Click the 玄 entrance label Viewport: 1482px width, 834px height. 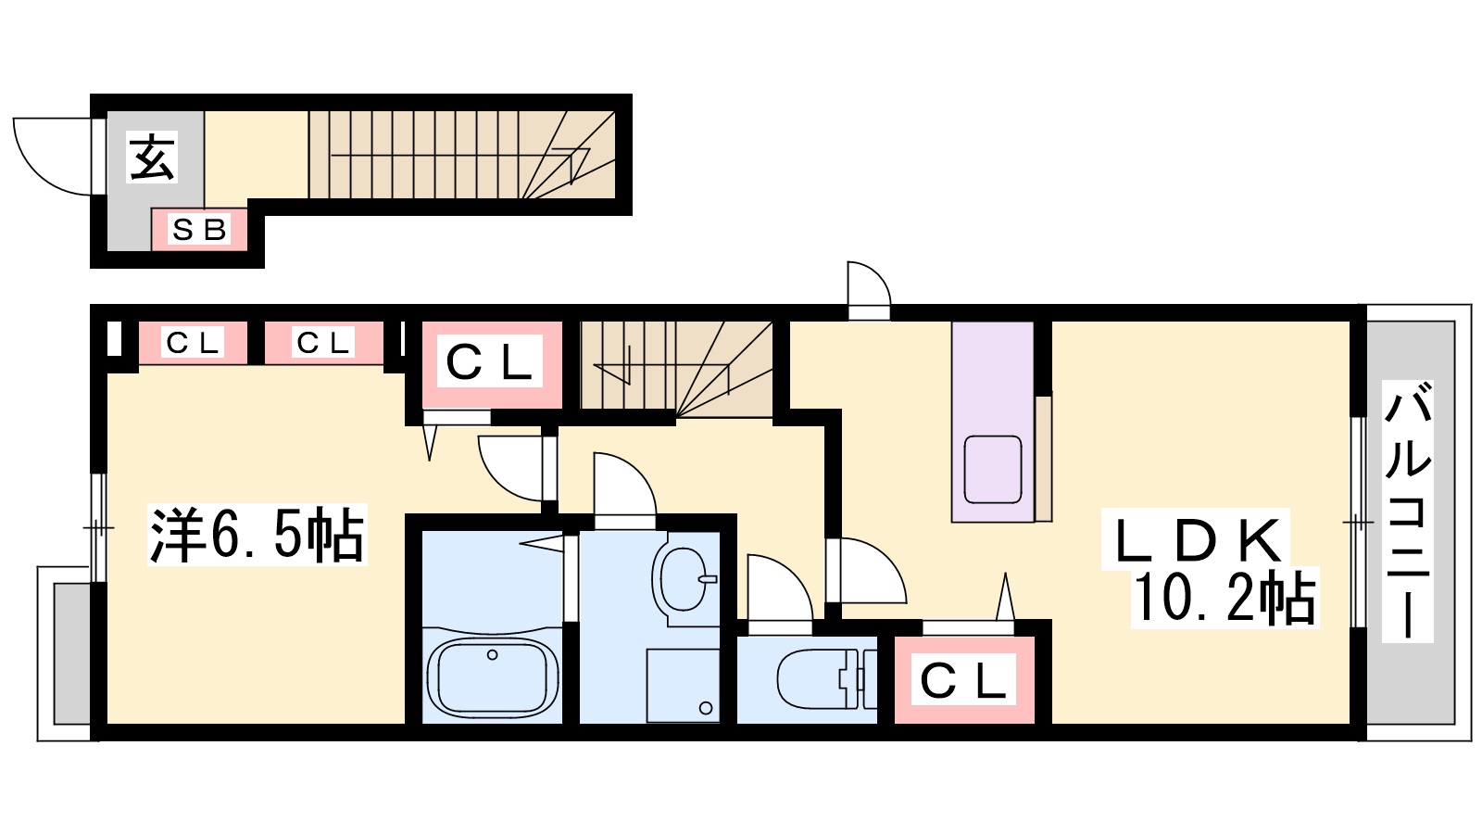point(153,157)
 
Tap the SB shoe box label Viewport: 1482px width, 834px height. point(199,230)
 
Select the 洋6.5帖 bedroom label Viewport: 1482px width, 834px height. point(257,535)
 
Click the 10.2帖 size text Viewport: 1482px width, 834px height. point(1224,598)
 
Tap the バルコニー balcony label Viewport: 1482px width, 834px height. point(1408,512)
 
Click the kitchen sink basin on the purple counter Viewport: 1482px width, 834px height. point(992,469)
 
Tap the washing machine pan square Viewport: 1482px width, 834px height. point(683,685)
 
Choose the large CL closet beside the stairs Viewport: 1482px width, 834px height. point(491,365)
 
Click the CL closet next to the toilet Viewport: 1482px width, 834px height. point(964,680)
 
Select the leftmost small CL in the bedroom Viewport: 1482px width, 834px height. point(193,343)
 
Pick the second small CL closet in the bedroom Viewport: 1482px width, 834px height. point(323,343)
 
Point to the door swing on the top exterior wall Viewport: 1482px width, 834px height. point(870,284)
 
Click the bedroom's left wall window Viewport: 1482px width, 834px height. point(98,527)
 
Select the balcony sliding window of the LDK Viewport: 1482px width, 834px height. point(1358,523)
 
